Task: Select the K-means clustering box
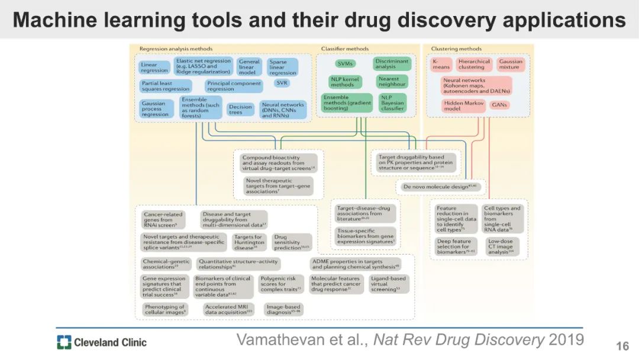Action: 441,64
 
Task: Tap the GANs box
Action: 499,105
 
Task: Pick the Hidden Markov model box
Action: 460,105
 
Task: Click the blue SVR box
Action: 282,83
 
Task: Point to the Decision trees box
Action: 240,110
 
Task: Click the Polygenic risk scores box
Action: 281,284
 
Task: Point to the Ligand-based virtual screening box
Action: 388,284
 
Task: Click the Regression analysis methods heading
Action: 176,49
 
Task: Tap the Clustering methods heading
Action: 456,49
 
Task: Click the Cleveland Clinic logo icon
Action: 64,342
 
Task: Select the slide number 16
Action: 622,346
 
